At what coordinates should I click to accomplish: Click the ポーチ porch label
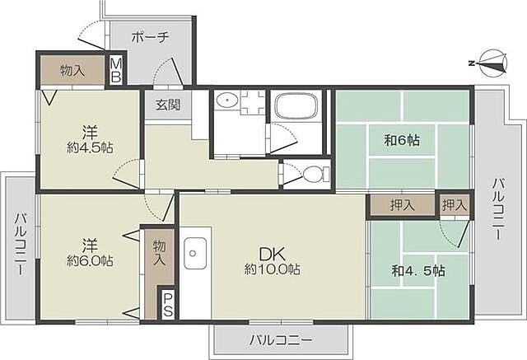tap(150, 36)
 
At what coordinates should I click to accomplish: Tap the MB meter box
tap(116, 71)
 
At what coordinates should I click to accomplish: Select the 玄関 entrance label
tap(168, 105)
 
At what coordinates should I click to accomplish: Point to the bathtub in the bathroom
tap(296, 105)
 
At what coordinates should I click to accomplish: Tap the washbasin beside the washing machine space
tap(227, 100)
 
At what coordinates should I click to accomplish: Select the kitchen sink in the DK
tap(194, 253)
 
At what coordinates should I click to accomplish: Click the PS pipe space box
tap(168, 305)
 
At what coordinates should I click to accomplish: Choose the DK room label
tap(273, 255)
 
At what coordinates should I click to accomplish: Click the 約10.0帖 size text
tap(273, 269)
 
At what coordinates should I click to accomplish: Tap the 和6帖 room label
tap(402, 140)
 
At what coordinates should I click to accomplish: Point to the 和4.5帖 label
tap(418, 270)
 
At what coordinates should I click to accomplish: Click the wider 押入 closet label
tap(403, 205)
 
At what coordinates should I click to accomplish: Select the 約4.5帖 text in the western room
tap(90, 148)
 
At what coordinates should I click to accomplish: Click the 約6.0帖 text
tap(90, 261)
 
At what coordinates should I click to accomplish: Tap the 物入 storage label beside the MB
tap(72, 71)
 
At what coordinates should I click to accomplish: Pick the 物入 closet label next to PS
tap(159, 253)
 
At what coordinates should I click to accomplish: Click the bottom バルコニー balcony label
tap(280, 340)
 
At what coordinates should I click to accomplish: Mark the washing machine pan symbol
tap(254, 102)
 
